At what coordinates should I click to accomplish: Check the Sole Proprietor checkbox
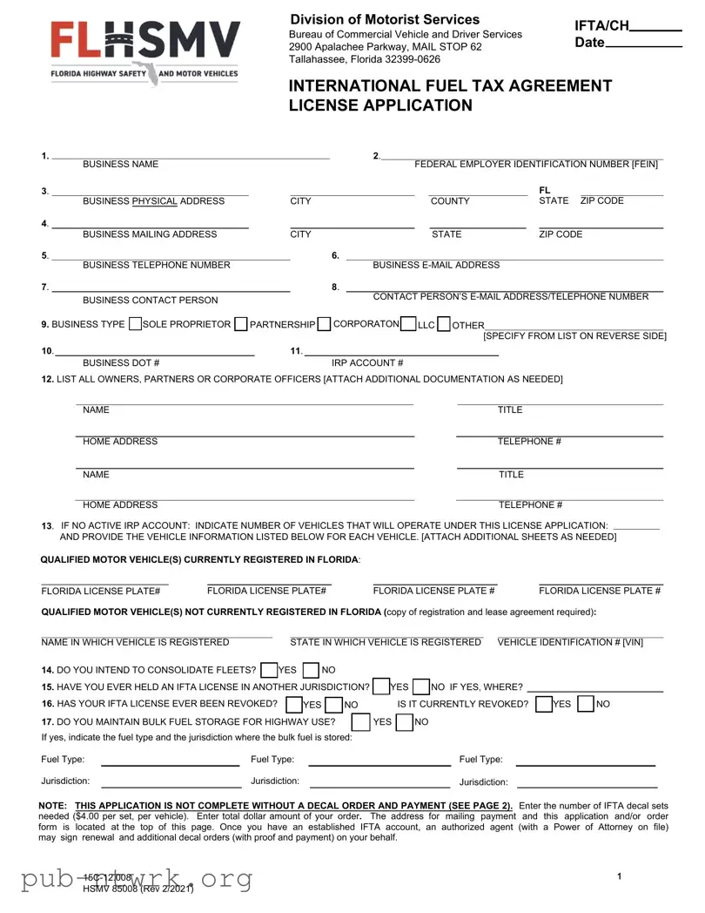coord(135,325)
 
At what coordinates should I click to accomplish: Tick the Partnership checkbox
coord(241,325)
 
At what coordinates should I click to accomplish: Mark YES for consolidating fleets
coord(269,670)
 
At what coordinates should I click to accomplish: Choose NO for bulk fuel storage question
coord(403,722)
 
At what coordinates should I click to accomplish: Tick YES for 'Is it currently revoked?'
coord(544,704)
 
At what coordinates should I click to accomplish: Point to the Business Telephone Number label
coord(157,265)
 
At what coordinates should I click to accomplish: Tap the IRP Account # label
coord(367,362)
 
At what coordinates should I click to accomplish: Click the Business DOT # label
coord(121,362)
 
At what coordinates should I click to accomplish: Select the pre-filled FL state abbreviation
coord(545,190)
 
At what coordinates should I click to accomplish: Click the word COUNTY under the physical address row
coord(450,201)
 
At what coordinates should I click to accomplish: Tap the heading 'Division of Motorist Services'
coord(385,19)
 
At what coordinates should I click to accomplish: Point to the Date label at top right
coord(589,43)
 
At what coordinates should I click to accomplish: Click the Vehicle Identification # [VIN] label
coord(570,642)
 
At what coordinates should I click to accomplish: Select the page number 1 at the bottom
coord(619,876)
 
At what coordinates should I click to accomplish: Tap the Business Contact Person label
coord(151,301)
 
